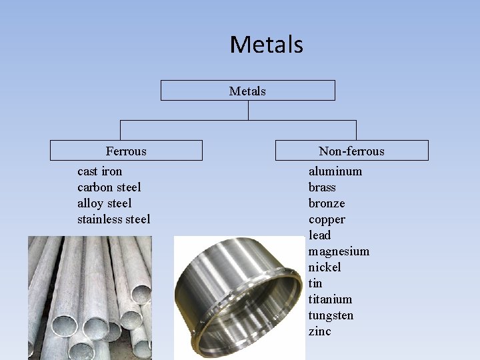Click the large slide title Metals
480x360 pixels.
266,45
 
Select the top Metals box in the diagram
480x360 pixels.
247,91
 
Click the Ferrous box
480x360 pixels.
126,151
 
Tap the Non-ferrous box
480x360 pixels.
351,151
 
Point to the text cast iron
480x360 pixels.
100,171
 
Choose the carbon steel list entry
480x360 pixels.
109,187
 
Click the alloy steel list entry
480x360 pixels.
105,203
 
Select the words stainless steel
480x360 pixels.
114,219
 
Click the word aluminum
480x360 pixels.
335,171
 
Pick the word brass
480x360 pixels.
322,187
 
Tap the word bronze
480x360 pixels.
327,203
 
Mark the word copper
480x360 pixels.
327,219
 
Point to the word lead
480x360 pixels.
319,235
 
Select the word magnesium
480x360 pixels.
339,251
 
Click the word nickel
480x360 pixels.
325,267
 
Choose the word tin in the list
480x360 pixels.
315,283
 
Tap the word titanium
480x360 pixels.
330,299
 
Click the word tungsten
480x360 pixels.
331,315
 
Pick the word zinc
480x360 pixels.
319,331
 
